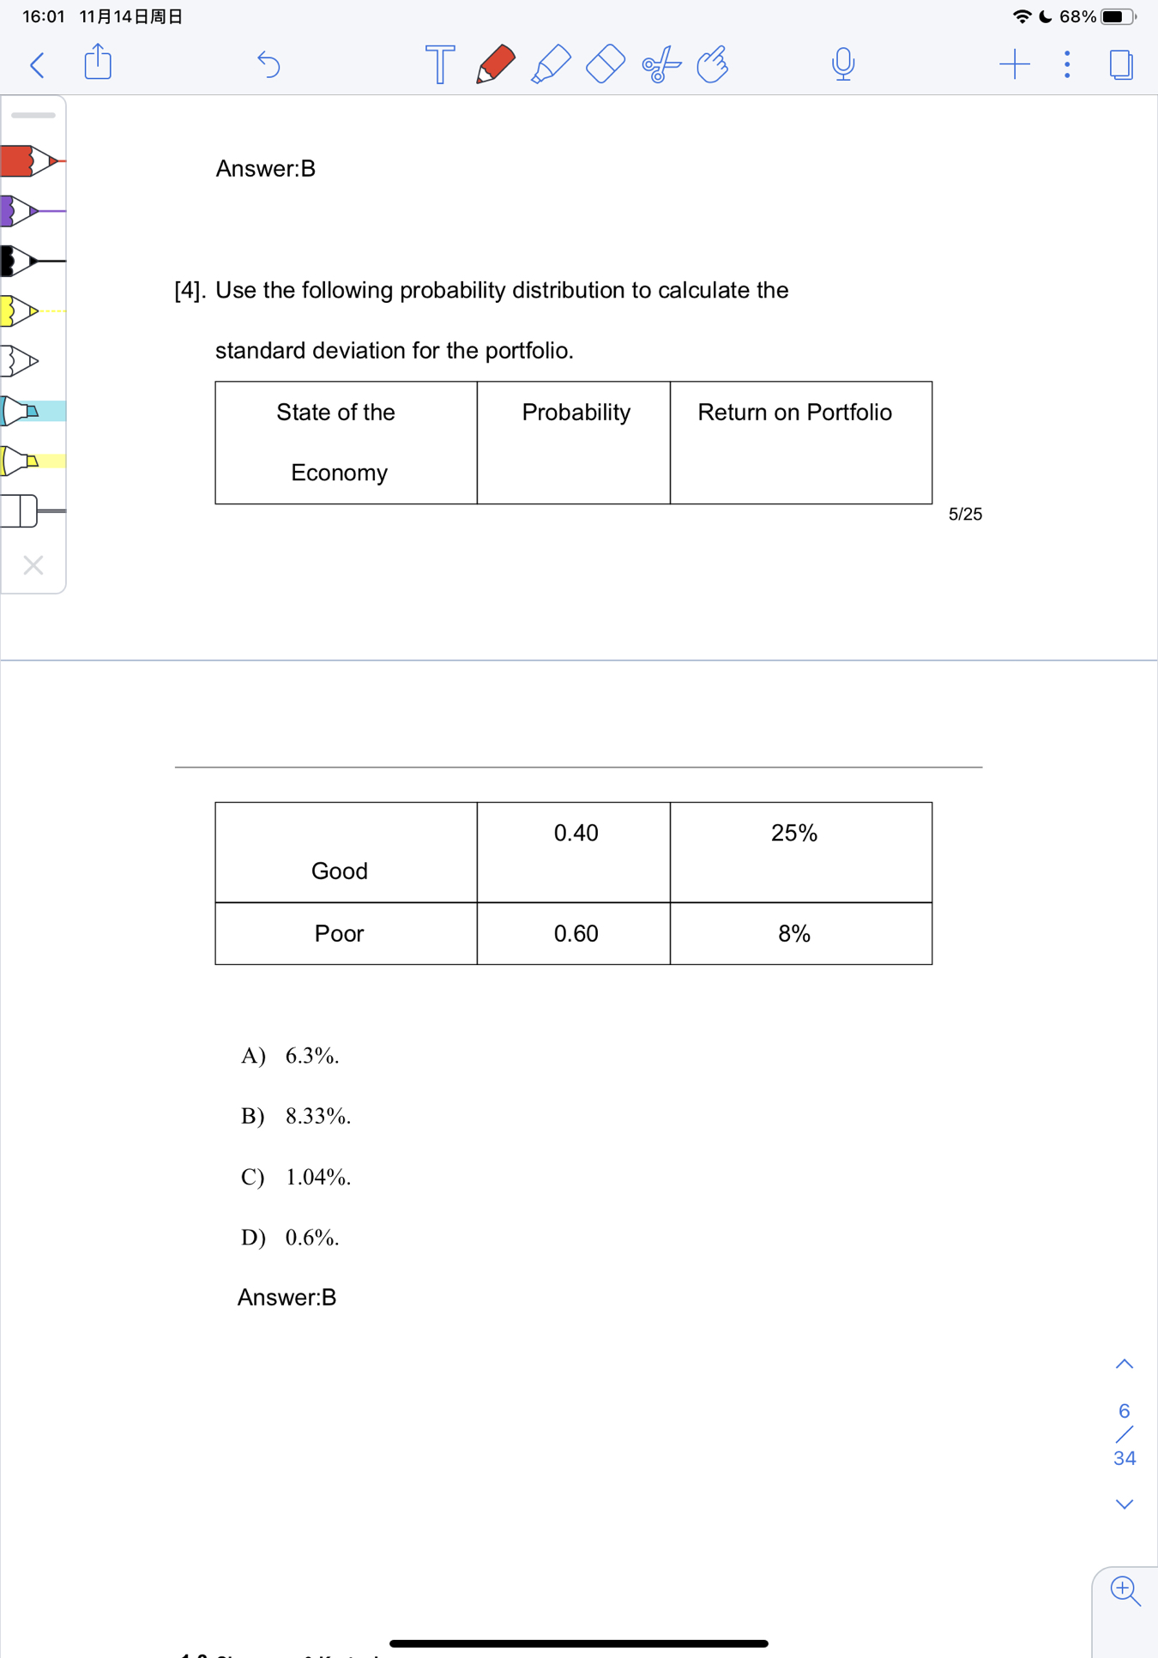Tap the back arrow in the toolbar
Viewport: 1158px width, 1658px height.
click(37, 64)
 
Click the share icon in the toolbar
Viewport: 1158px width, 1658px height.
click(98, 63)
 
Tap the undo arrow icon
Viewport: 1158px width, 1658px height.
click(268, 64)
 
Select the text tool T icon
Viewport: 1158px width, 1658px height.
click(439, 64)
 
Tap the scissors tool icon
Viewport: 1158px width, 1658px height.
click(660, 64)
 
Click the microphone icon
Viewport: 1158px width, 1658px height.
click(842, 64)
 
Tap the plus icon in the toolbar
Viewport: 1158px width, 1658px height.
click(1014, 64)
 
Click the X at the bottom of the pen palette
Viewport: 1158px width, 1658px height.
click(33, 565)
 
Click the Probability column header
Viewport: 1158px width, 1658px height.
click(576, 413)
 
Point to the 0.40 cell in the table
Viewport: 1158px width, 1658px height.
click(576, 833)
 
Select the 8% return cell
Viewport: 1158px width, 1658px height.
click(794, 933)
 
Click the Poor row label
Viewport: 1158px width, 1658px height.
click(339, 933)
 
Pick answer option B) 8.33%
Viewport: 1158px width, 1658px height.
click(296, 1116)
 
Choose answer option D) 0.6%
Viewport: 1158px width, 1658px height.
click(290, 1237)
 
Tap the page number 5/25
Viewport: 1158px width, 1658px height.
click(965, 514)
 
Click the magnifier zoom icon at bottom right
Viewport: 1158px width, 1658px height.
click(1124, 1590)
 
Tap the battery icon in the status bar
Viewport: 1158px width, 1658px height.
click(1117, 16)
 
